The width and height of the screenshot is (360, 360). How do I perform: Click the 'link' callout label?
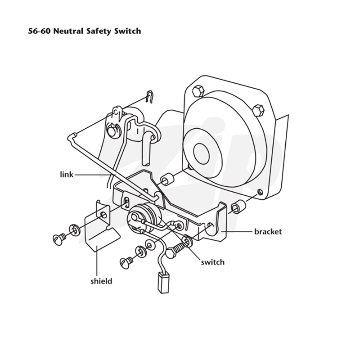(67, 175)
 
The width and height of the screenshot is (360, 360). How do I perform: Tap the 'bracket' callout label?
(268, 232)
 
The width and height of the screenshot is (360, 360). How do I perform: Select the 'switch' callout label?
(212, 262)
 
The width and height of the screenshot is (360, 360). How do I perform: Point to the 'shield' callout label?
(101, 281)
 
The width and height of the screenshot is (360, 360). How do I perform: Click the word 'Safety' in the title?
(99, 31)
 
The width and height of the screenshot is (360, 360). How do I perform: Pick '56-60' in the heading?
(39, 31)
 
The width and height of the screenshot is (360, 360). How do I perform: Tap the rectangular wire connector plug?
(163, 282)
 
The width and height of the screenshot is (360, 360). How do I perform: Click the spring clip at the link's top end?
(149, 96)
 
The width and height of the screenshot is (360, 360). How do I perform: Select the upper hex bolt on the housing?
(198, 91)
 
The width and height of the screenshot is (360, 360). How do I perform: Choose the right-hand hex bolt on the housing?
(258, 111)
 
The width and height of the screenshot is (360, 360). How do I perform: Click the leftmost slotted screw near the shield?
(59, 239)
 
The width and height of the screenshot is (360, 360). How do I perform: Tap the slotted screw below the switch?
(126, 263)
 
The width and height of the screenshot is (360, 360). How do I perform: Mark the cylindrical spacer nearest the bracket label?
(238, 206)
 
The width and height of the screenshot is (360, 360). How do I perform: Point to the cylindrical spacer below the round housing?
(167, 179)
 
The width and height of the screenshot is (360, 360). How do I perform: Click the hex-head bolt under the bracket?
(175, 251)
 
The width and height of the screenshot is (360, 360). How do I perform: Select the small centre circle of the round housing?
(201, 154)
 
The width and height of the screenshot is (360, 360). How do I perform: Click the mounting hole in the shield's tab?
(104, 215)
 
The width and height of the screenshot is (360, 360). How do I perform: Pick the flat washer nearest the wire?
(150, 245)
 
